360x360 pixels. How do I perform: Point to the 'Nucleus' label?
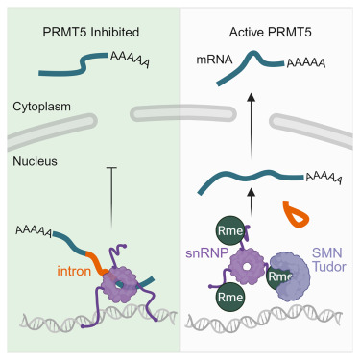coord(36,163)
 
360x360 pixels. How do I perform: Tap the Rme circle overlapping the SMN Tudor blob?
coord(279,277)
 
